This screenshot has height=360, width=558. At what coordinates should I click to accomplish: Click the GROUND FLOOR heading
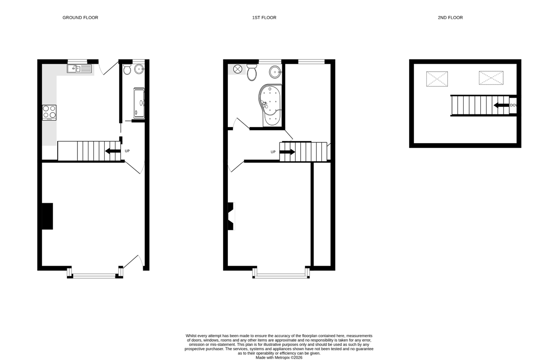[x=80, y=18]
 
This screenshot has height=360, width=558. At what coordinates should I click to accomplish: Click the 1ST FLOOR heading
[x=264, y=18]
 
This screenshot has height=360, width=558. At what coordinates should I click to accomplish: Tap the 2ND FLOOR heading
[x=450, y=18]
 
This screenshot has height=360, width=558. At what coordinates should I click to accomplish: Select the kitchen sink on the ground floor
[x=79, y=68]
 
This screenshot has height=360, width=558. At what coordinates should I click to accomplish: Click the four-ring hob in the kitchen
[x=49, y=113]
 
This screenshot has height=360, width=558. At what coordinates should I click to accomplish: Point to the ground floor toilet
[x=127, y=69]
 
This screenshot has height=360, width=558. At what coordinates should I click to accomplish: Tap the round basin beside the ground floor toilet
[x=139, y=69]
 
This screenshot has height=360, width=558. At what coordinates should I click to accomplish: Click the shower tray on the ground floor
[x=139, y=103]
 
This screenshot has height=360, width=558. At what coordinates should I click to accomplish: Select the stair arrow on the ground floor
[x=113, y=151]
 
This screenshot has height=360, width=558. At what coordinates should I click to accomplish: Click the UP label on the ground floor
[x=127, y=151]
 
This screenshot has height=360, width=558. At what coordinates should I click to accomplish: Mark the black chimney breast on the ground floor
[x=47, y=216]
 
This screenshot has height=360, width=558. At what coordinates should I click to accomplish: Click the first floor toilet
[x=252, y=72]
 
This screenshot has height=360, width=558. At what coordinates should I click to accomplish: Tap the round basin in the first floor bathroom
[x=275, y=72]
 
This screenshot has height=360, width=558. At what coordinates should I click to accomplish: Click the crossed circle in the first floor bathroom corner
[x=238, y=69]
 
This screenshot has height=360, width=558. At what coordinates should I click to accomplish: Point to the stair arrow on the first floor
[x=287, y=152]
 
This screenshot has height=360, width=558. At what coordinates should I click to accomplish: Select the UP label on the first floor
[x=273, y=152]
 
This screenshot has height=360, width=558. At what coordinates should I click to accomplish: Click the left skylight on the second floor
[x=437, y=79]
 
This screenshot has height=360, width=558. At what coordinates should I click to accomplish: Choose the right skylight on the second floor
[x=491, y=78]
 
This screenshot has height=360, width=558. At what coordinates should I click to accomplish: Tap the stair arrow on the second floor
[x=501, y=106]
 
